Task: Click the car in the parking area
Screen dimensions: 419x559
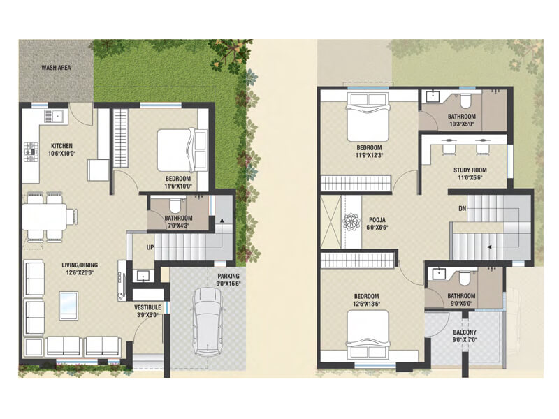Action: (x=208, y=321)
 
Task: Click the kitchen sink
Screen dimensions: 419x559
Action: (x=52, y=114)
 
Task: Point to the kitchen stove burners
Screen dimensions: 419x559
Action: (x=31, y=148)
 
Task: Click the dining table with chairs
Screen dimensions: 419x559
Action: (x=48, y=215)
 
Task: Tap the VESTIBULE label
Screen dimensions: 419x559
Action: (x=147, y=307)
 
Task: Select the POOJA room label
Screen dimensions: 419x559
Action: (x=377, y=219)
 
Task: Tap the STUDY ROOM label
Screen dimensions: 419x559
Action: (x=470, y=170)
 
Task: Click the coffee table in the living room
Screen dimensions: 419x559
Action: (x=68, y=304)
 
